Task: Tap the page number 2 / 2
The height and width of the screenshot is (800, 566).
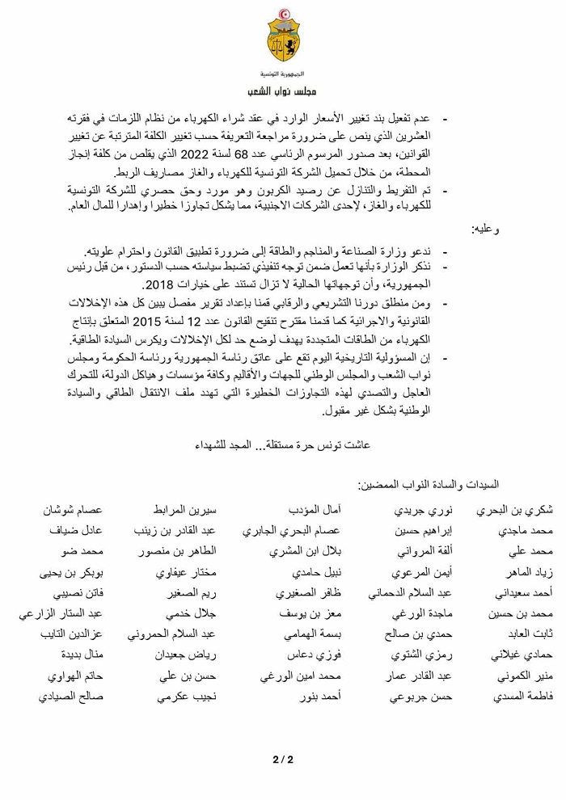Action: (282, 759)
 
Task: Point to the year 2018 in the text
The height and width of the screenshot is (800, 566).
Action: (157, 286)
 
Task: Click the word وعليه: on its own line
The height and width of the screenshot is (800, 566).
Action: (485, 229)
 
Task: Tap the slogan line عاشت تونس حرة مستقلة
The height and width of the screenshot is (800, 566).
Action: (282, 444)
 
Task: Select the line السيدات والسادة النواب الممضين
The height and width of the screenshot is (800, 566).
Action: (429, 485)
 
